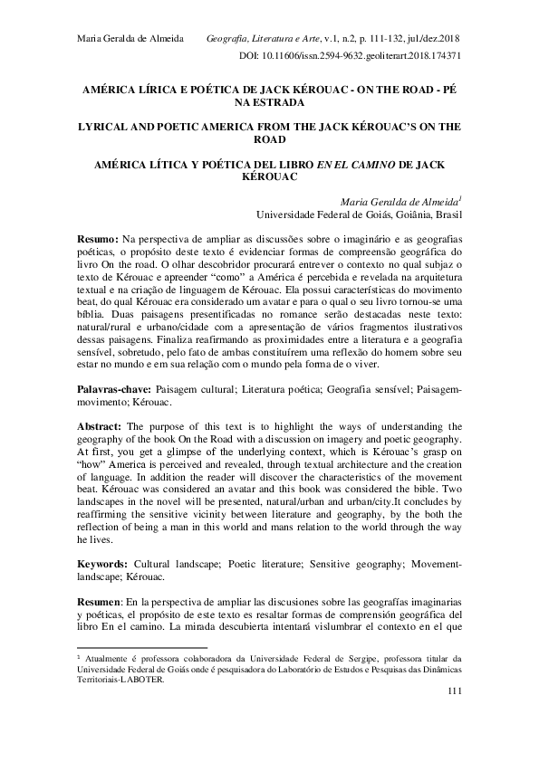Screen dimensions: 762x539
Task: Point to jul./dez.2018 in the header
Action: tap(434, 39)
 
